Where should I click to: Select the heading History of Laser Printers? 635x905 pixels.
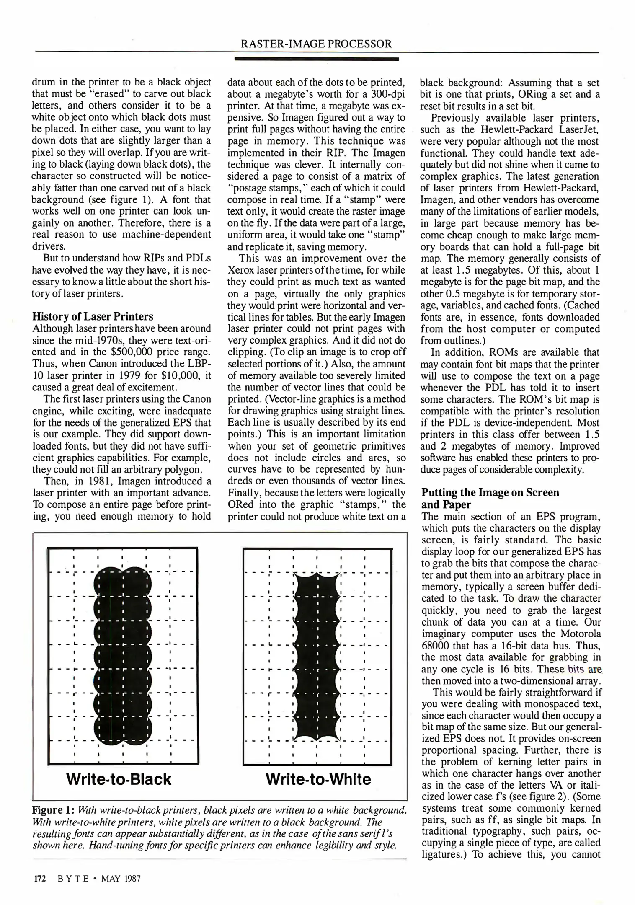pos(93,316)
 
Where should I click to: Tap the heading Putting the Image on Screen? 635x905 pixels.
pos(490,492)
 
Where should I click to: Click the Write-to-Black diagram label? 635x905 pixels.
pos(119,779)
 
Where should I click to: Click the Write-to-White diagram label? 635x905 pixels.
pos(318,779)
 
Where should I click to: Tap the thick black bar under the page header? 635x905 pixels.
pos(316,60)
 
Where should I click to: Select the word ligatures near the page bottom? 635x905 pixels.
pos(442,855)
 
